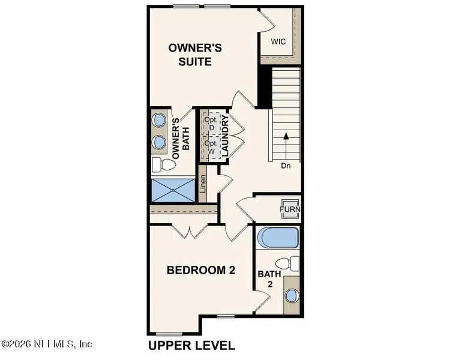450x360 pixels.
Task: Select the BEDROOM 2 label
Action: pyautogui.click(x=200, y=271)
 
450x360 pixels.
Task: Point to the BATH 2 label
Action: pyautogui.click(x=265, y=279)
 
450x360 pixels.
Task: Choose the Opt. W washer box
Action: pyautogui.click(x=211, y=148)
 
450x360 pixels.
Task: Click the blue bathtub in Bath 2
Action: pyautogui.click(x=277, y=238)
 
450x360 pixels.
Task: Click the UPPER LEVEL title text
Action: pyautogui.click(x=191, y=346)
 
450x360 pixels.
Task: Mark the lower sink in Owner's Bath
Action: pyautogui.click(x=160, y=142)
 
